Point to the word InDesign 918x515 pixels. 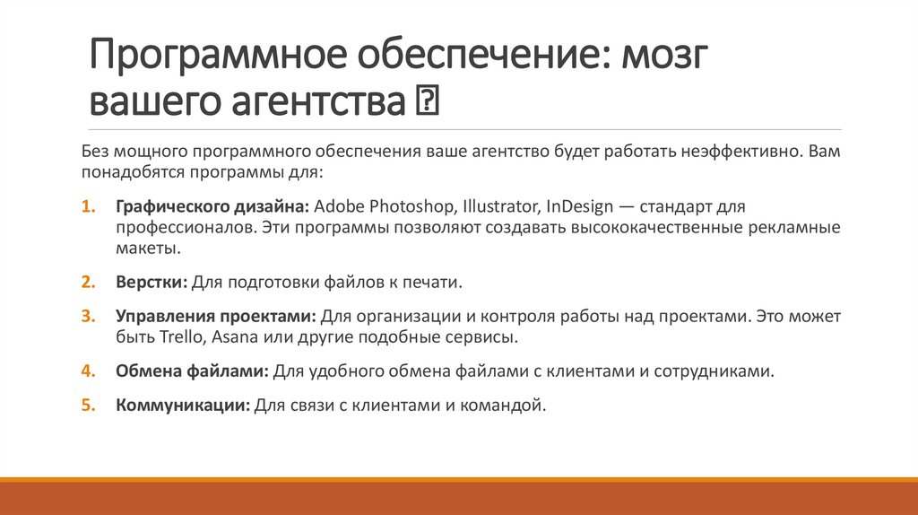click(569, 205)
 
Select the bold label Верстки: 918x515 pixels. click(151, 282)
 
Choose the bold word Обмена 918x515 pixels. click(145, 371)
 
